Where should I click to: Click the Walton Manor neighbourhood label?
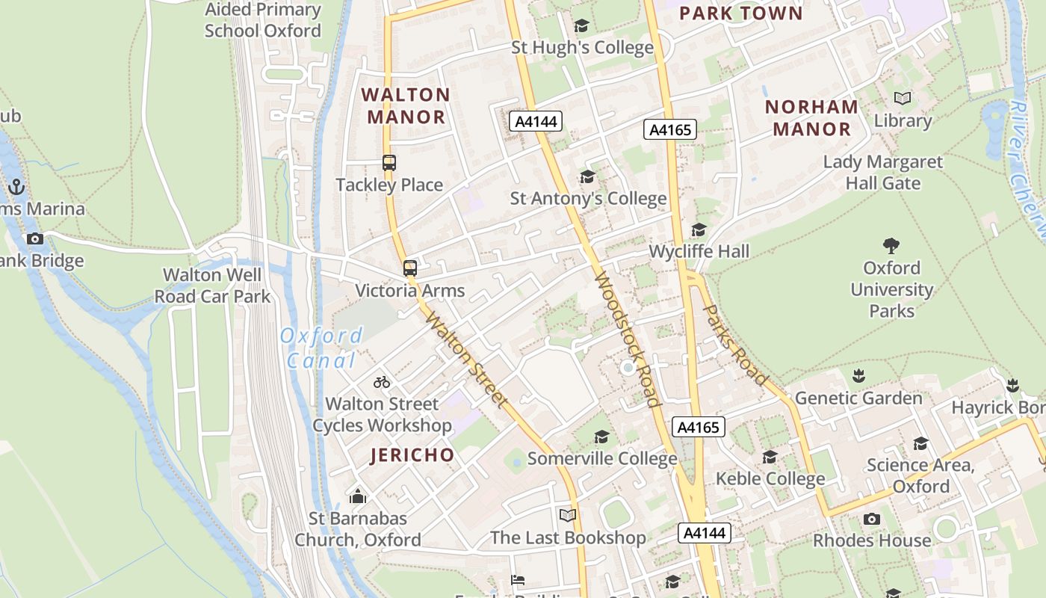pyautogui.click(x=406, y=105)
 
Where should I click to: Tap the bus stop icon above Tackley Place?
pyautogui.click(x=389, y=162)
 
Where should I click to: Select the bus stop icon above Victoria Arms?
pyautogui.click(x=409, y=268)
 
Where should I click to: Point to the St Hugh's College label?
pyautogui.click(x=582, y=48)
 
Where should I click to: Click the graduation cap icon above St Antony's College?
pyautogui.click(x=588, y=177)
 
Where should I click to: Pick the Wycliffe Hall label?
pyautogui.click(x=699, y=251)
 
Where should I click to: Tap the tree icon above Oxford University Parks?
pyautogui.click(x=891, y=245)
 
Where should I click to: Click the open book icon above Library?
pyautogui.click(x=903, y=99)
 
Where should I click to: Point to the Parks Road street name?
pyautogui.click(x=735, y=345)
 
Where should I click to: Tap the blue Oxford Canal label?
pyautogui.click(x=321, y=348)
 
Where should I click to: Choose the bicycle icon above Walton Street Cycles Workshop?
pyautogui.click(x=382, y=382)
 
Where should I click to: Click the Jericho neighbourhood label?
pyautogui.click(x=412, y=454)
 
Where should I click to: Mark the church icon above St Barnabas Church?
pyautogui.click(x=358, y=496)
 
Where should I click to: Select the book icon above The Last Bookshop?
pyautogui.click(x=568, y=516)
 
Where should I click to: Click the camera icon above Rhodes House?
pyautogui.click(x=871, y=519)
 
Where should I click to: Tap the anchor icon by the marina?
pyautogui.click(x=16, y=187)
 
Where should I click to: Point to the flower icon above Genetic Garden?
pyautogui.click(x=858, y=376)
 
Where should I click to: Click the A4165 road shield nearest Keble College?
pyautogui.click(x=699, y=427)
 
